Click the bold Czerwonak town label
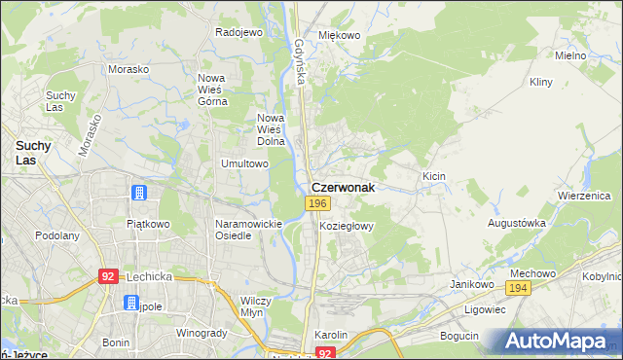pyautogui.click(x=343, y=186)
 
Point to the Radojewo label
pyautogui.click(x=239, y=32)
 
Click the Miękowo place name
pyautogui.click(x=340, y=35)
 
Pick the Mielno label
pyautogui.click(x=570, y=55)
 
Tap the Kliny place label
pyautogui.click(x=541, y=84)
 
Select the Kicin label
pyautogui.click(x=433, y=176)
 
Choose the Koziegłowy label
pyautogui.click(x=347, y=225)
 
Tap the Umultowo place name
pyautogui.click(x=245, y=164)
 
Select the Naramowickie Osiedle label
pyautogui.click(x=248, y=230)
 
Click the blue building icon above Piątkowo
pyautogui.click(x=139, y=193)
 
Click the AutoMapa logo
pyautogui.click(x=558, y=342)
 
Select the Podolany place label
pyautogui.click(x=57, y=235)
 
